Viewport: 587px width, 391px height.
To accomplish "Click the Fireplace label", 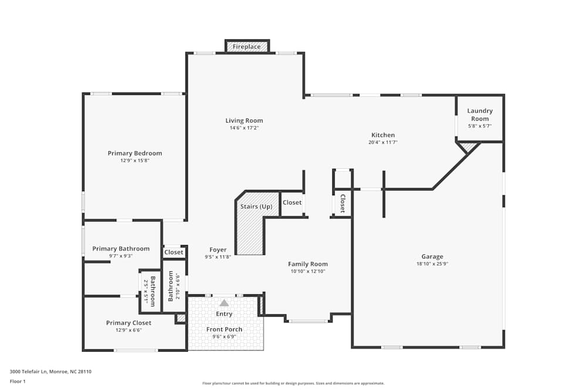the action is click(x=247, y=47).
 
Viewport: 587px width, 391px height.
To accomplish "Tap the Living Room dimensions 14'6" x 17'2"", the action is click(x=244, y=128).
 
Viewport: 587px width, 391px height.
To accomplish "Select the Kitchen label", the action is click(x=383, y=135).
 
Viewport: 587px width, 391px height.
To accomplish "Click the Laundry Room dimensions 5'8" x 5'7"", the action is click(x=480, y=126).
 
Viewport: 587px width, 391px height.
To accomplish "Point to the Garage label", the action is click(x=433, y=256).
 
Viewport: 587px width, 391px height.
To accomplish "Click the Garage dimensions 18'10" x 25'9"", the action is click(x=433, y=264).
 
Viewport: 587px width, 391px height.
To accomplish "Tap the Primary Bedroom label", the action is click(x=135, y=153).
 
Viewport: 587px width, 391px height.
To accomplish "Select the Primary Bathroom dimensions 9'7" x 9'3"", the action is click(x=121, y=256).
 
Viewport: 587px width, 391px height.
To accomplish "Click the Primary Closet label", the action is click(x=129, y=323).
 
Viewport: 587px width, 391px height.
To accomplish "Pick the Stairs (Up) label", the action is click(x=257, y=207).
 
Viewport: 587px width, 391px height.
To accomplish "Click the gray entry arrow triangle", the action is click(x=224, y=303).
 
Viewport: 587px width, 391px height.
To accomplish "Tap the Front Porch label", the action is click(x=224, y=329).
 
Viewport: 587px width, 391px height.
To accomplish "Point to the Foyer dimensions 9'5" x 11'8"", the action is click(x=218, y=257).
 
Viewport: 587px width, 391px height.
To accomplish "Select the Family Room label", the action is click(x=308, y=264).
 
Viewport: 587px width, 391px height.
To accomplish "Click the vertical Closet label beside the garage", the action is click(x=343, y=203).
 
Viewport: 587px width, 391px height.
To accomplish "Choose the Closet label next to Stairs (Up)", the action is click(x=292, y=202).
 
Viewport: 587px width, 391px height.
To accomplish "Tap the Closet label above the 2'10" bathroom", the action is click(x=174, y=252).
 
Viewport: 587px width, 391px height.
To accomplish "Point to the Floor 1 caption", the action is click(x=18, y=381).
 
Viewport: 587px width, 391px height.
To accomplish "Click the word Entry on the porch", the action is click(x=224, y=314).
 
